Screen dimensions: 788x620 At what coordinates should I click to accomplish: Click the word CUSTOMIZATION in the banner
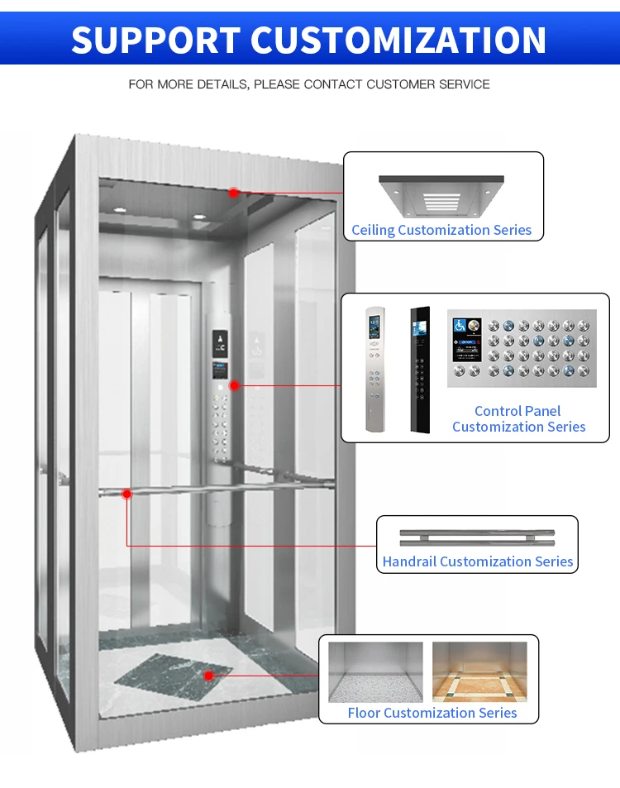(398, 40)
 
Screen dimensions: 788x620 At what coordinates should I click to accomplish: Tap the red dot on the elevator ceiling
(234, 193)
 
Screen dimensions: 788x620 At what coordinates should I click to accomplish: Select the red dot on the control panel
(235, 385)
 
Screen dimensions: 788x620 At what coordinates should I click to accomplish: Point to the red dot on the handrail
(126, 494)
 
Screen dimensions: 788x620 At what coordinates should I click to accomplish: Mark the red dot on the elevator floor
(209, 676)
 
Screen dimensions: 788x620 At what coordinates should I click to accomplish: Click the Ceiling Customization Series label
(441, 230)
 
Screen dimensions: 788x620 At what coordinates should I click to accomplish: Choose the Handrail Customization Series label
(477, 561)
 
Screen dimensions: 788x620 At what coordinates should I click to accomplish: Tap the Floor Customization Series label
(432, 713)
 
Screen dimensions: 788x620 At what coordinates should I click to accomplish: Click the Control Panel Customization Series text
(518, 419)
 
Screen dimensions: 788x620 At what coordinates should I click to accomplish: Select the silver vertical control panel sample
(376, 369)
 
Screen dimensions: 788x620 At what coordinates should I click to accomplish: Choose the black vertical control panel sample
(422, 370)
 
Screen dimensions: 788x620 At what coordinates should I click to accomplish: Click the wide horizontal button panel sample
(522, 348)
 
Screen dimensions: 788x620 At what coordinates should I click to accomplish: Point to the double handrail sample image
(477, 537)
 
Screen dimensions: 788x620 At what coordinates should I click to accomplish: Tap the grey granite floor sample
(375, 672)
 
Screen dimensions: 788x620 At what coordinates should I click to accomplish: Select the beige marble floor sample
(479, 672)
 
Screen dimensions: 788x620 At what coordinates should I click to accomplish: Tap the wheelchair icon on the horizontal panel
(460, 325)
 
